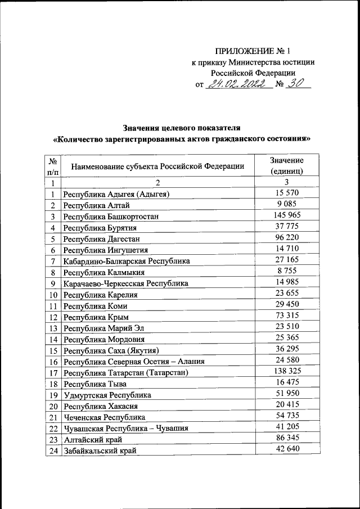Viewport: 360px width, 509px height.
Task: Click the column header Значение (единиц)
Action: tap(286, 165)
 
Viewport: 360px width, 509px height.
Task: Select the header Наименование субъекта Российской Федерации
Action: tap(157, 165)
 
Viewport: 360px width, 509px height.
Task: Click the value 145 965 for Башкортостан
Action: tap(286, 215)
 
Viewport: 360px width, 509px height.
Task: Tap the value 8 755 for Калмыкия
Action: tap(286, 271)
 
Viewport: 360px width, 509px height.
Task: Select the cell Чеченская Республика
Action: tap(104, 417)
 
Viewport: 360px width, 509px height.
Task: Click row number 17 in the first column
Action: tap(53, 373)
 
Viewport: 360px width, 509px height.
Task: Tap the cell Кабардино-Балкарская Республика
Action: tap(127, 262)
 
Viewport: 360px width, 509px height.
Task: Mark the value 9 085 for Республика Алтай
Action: tap(286, 204)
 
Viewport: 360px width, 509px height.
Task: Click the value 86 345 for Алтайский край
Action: tap(286, 438)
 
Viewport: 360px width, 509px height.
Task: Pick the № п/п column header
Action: tap(53, 165)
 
